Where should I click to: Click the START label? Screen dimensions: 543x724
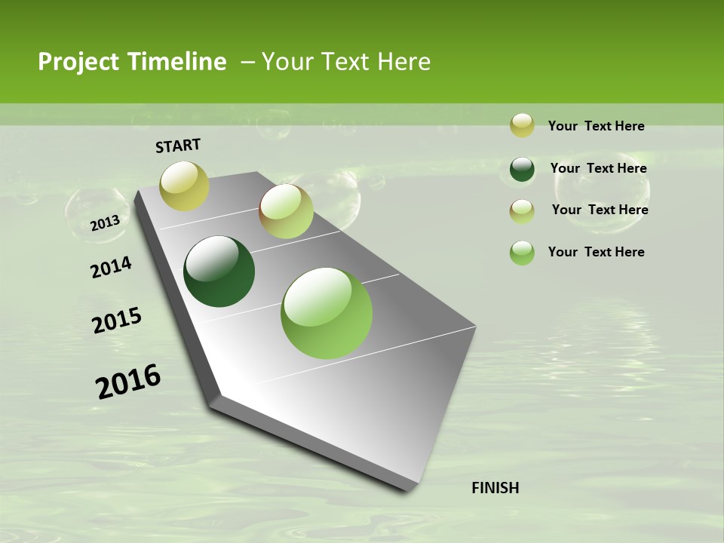pos(178,146)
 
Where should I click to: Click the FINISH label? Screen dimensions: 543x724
pos(495,488)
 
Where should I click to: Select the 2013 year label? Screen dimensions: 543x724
pos(105,222)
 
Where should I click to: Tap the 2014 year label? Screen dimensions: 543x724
pos(111,268)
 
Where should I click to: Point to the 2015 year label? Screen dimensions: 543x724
pos(117,321)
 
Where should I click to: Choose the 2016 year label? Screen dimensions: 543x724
pos(128,381)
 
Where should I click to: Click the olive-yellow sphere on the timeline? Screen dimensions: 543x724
pos(185,186)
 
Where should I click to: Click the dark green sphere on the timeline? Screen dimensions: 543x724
pos(219,271)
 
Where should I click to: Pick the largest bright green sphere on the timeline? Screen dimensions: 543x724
pos(327,313)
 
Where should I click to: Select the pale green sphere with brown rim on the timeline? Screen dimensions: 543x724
pos(286,211)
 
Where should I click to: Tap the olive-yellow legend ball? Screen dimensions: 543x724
pos(522,125)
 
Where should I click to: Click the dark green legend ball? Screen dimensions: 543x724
pos(522,169)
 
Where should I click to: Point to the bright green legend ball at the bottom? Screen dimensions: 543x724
pos(522,253)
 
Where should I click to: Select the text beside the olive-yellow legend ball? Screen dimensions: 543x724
pos(596,126)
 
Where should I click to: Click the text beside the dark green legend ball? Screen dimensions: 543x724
pos(598,168)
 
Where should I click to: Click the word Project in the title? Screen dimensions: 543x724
pos(78,62)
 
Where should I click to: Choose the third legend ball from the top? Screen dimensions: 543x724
pos(522,211)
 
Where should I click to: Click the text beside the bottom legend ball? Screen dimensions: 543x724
pos(596,252)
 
